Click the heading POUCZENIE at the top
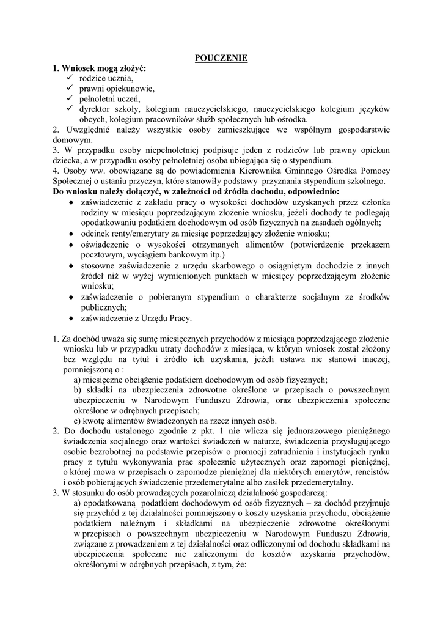221,58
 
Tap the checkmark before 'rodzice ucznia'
69,78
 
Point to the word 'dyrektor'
95,108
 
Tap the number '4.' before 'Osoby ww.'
56,171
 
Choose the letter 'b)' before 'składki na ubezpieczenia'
78,389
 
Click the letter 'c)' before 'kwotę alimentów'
78,421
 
